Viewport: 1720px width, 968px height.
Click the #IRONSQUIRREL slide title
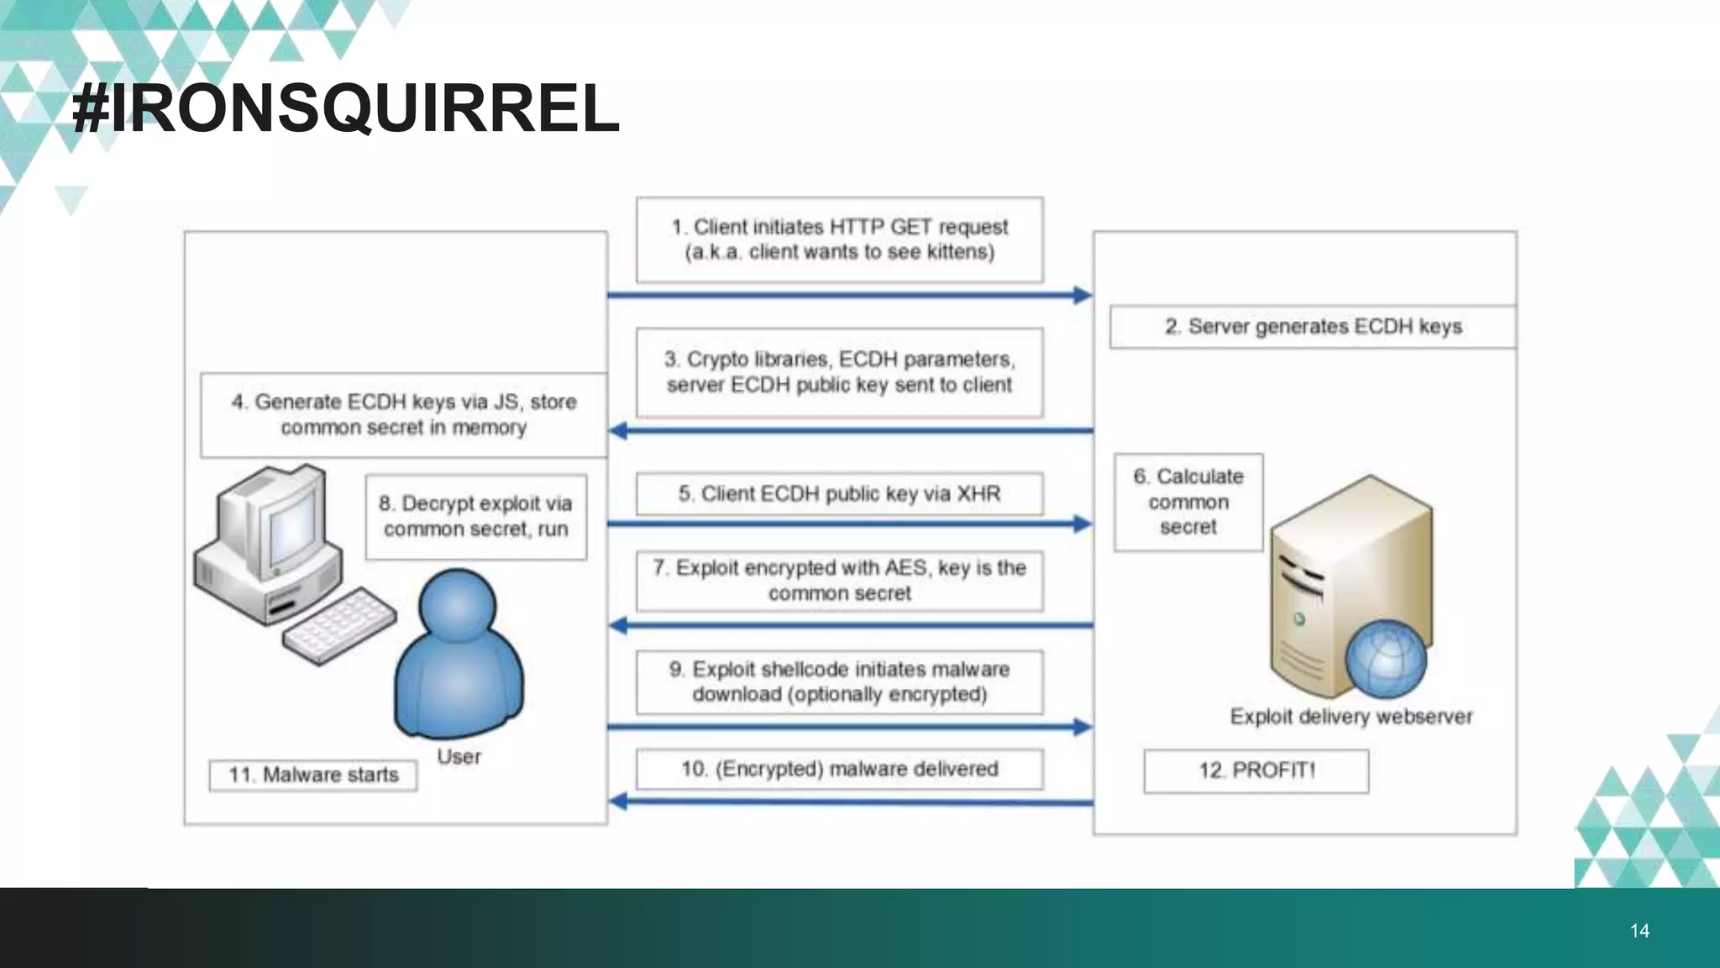pyautogui.click(x=346, y=109)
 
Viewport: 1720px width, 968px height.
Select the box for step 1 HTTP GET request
pyautogui.click(x=839, y=239)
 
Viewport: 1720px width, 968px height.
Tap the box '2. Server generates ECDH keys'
pyautogui.click(x=1312, y=327)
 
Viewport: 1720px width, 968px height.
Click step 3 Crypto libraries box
pyautogui.click(x=839, y=372)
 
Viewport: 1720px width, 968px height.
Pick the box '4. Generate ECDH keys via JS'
pyautogui.click(x=403, y=415)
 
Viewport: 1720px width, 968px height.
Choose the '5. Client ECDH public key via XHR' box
pyautogui.click(x=839, y=494)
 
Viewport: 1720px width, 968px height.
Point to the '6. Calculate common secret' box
pyautogui.click(x=1188, y=502)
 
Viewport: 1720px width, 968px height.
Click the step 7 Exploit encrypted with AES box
pyautogui.click(x=839, y=581)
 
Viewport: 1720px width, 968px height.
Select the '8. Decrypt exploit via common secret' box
pyautogui.click(x=475, y=517)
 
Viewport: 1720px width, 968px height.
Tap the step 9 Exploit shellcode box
pyautogui.click(x=839, y=682)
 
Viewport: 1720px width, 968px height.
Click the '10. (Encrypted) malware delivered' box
pyautogui.click(x=839, y=769)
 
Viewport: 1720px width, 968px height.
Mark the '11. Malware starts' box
pyautogui.click(x=313, y=775)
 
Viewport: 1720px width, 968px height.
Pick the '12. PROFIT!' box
pyautogui.click(x=1256, y=771)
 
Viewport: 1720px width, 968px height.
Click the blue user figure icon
pyautogui.click(x=458, y=655)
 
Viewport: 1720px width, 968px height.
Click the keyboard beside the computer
pyautogui.click(x=339, y=625)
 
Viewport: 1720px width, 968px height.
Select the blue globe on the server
pyautogui.click(x=1385, y=660)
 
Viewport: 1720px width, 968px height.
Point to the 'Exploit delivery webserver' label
pyautogui.click(x=1350, y=717)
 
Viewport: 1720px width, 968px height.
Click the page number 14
pyautogui.click(x=1639, y=930)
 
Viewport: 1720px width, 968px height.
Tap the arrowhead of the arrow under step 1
pyautogui.click(x=1083, y=295)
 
